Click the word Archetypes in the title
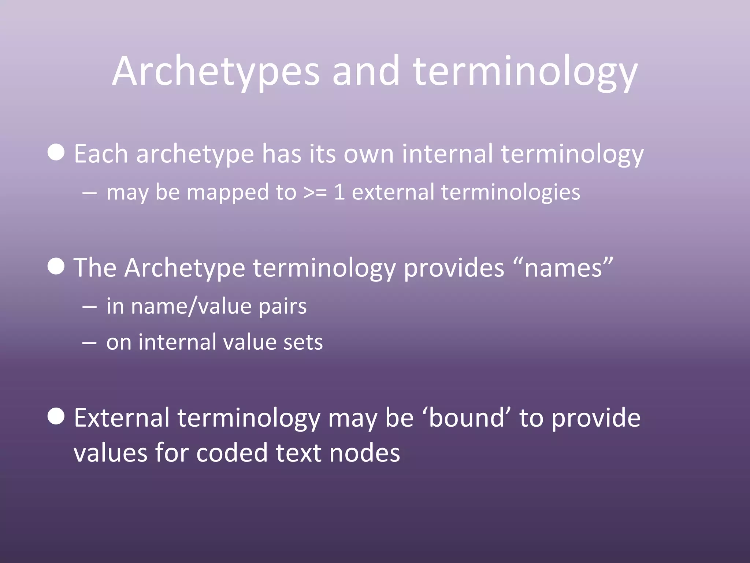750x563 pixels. [x=216, y=71]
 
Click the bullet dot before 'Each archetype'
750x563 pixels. [x=56, y=152]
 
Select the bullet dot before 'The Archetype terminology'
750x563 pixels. [x=56, y=266]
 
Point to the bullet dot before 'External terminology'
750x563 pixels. [x=56, y=416]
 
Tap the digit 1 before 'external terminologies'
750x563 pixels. [x=339, y=192]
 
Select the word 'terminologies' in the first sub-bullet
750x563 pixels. [x=510, y=192]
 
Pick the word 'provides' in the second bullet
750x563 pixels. [x=454, y=268]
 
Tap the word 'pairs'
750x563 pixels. [x=282, y=306]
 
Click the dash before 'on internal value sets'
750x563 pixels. [x=89, y=343]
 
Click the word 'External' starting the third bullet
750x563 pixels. [x=122, y=418]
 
